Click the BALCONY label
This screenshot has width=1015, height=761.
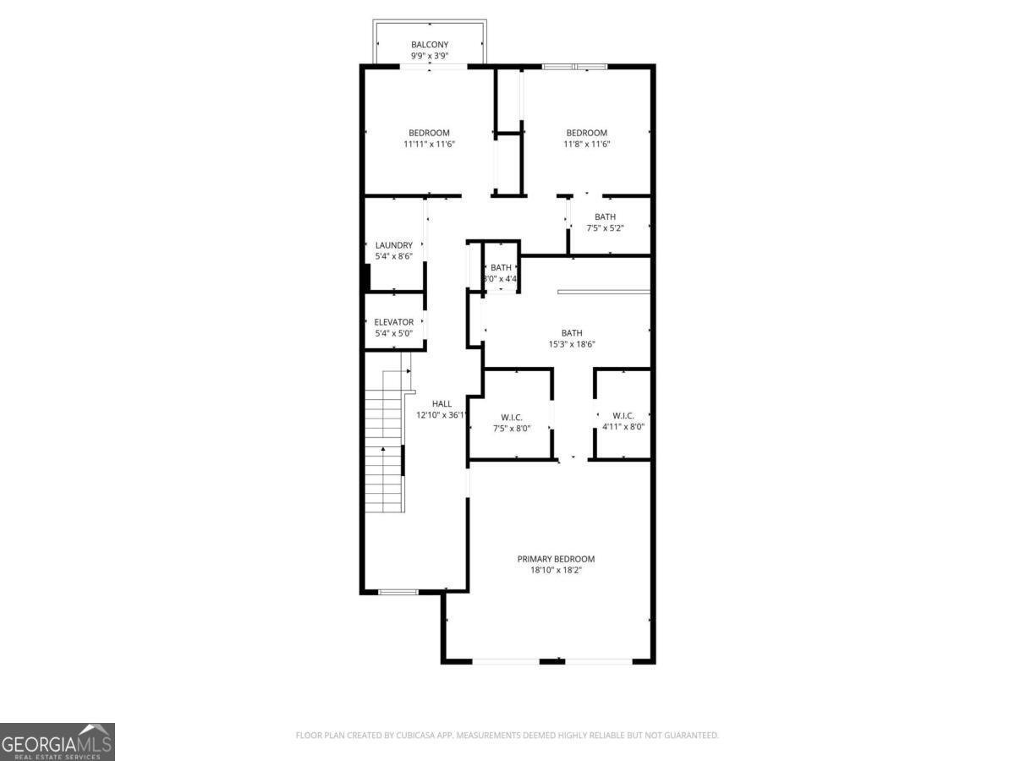click(430, 45)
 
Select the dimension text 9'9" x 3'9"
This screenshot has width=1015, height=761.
click(430, 56)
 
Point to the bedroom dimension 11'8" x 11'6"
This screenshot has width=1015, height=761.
click(587, 144)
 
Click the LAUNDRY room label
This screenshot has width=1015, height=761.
click(394, 245)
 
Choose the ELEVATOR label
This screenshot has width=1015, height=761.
click(394, 322)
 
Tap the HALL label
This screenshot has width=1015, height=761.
click(442, 404)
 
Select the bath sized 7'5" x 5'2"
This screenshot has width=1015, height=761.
click(605, 222)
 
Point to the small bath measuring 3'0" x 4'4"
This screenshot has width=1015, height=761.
click(501, 273)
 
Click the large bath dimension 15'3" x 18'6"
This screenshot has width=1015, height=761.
click(572, 344)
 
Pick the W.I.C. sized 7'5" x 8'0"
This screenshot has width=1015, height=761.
click(511, 423)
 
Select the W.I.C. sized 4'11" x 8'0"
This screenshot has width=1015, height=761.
click(623, 421)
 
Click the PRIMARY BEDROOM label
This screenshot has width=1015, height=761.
click(556, 559)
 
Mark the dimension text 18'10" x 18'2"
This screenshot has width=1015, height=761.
click(556, 570)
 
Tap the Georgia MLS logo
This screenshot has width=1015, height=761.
click(57, 742)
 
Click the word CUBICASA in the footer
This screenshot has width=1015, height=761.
click(414, 736)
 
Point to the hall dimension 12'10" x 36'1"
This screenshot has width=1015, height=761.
click(442, 415)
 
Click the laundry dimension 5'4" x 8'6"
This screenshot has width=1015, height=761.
click(394, 256)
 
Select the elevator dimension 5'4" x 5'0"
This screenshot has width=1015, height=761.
click(394, 333)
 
